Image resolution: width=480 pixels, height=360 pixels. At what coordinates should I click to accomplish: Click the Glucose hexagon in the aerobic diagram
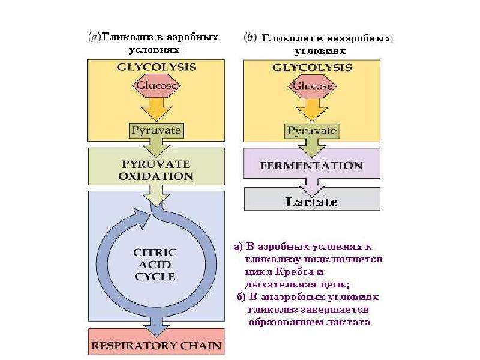pos(157,85)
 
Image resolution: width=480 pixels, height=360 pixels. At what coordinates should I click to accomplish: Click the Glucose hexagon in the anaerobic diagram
pos(312,86)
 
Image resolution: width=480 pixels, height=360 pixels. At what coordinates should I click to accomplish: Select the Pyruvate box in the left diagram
pos(156,130)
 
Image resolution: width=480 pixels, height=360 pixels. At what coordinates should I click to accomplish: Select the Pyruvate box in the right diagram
pos(312,131)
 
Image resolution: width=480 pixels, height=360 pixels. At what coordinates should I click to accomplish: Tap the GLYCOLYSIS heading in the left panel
pos(157,67)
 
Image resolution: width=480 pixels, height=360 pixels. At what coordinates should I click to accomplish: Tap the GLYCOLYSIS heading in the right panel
pos(312,67)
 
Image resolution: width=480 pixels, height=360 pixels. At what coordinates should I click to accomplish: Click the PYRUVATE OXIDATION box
pos(156,167)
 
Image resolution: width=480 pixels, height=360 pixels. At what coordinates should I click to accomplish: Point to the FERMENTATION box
pos(312,163)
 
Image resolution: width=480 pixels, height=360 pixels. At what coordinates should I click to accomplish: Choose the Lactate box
pos(312,199)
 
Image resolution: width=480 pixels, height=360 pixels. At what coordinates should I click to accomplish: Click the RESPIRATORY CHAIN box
pos(156,341)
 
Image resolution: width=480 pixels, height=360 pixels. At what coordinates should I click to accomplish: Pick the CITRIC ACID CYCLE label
pos(155,265)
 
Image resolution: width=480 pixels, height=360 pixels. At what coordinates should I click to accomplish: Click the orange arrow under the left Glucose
pos(156,109)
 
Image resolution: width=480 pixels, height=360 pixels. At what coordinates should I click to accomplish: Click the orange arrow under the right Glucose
pos(312,110)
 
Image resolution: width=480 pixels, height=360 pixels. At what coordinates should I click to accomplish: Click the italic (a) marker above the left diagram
pos(94,37)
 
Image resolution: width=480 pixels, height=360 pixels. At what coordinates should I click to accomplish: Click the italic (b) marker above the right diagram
pos(250,38)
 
